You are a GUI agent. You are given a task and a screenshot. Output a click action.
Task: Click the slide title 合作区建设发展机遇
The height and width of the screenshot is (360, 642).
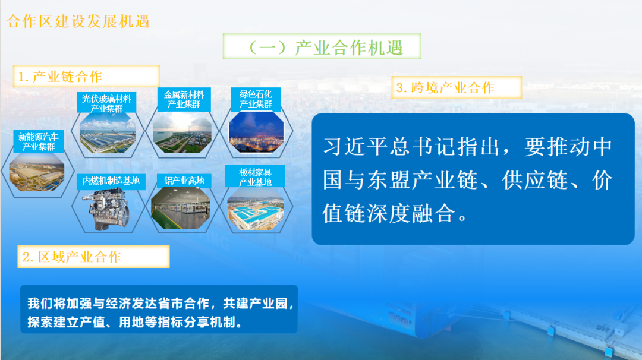[78, 21]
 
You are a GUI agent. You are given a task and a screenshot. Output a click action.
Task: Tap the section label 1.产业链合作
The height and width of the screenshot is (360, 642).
[60, 77]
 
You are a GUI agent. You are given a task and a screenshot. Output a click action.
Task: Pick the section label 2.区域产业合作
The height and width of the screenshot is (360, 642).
[72, 257]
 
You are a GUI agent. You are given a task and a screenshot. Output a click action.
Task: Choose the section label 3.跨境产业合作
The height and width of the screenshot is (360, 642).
[445, 87]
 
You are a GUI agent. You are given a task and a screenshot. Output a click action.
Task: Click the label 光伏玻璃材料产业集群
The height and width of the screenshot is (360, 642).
[106, 103]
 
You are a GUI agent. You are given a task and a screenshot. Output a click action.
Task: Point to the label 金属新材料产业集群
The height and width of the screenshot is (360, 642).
[184, 99]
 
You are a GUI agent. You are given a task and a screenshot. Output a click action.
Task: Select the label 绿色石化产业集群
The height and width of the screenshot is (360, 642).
[256, 99]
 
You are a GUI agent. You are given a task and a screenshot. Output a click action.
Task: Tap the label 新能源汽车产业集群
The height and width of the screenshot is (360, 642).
[39, 141]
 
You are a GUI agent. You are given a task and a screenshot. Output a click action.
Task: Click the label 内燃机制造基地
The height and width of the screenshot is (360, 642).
[111, 181]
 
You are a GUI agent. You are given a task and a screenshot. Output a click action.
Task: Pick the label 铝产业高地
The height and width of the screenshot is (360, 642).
[184, 181]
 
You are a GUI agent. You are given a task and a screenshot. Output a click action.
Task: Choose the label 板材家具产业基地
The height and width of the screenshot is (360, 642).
[256, 177]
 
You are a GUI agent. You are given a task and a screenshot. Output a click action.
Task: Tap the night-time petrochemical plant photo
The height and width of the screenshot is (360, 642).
[256, 132]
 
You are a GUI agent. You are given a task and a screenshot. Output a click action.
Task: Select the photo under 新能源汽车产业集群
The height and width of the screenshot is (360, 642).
[37, 172]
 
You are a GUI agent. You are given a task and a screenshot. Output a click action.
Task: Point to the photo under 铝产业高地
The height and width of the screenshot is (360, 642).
[181, 209]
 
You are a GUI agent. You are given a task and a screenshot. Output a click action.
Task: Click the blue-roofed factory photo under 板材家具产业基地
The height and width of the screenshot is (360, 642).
[256, 209]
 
